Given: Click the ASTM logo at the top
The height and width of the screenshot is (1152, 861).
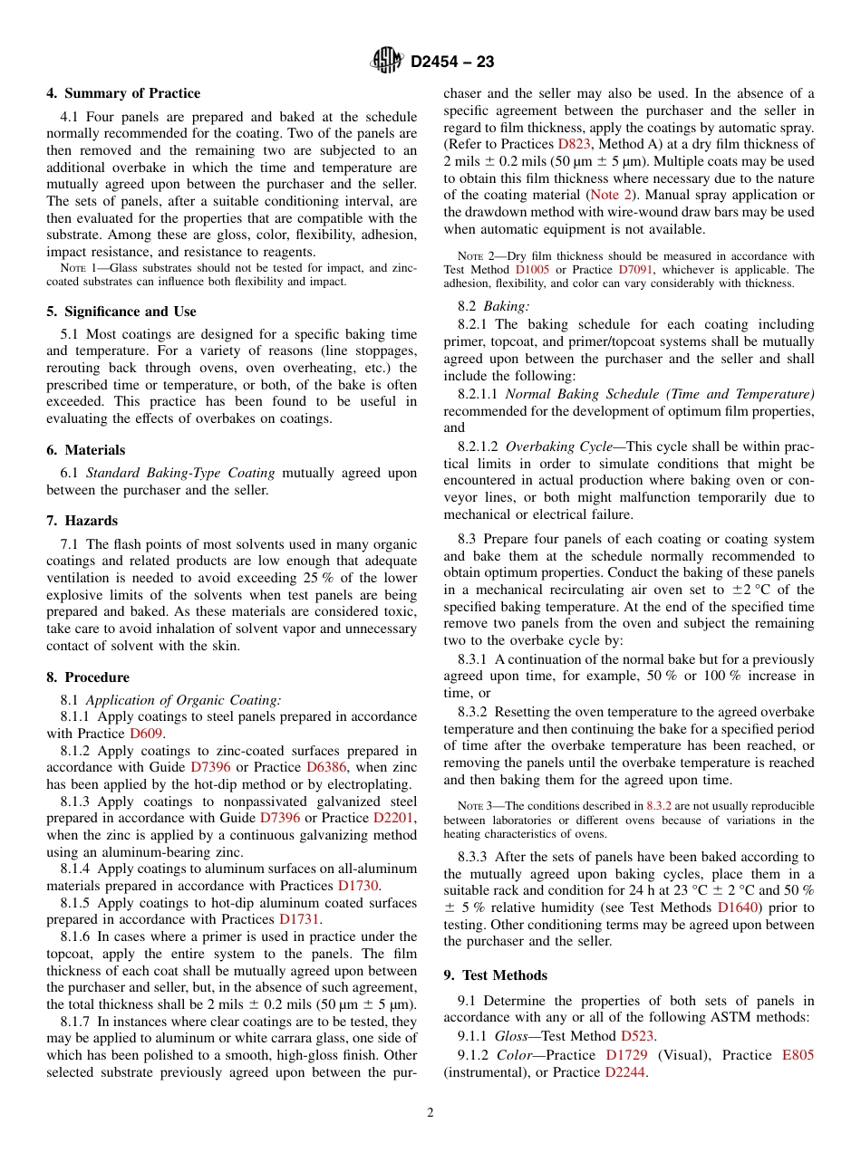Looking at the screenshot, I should [387, 62].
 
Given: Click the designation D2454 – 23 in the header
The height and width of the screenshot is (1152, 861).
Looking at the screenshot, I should [452, 62].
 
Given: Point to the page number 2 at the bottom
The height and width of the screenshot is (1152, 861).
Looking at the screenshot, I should [430, 1113].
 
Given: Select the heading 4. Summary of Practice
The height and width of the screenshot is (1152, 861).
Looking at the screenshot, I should [123, 93].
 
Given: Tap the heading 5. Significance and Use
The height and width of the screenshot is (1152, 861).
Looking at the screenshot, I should [121, 312].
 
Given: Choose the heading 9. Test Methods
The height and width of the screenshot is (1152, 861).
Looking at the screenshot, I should [495, 975].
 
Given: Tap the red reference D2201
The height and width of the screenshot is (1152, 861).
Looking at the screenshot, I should [395, 818].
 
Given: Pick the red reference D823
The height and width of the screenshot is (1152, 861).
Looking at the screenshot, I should [576, 144].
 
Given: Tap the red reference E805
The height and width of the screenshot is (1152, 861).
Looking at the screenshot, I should [798, 1056].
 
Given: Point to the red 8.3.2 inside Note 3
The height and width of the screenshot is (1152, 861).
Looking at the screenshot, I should [661, 806].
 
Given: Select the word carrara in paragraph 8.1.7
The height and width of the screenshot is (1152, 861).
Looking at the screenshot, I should [303, 1039].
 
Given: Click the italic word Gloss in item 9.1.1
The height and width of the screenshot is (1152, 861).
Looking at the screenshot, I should [512, 1036].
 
